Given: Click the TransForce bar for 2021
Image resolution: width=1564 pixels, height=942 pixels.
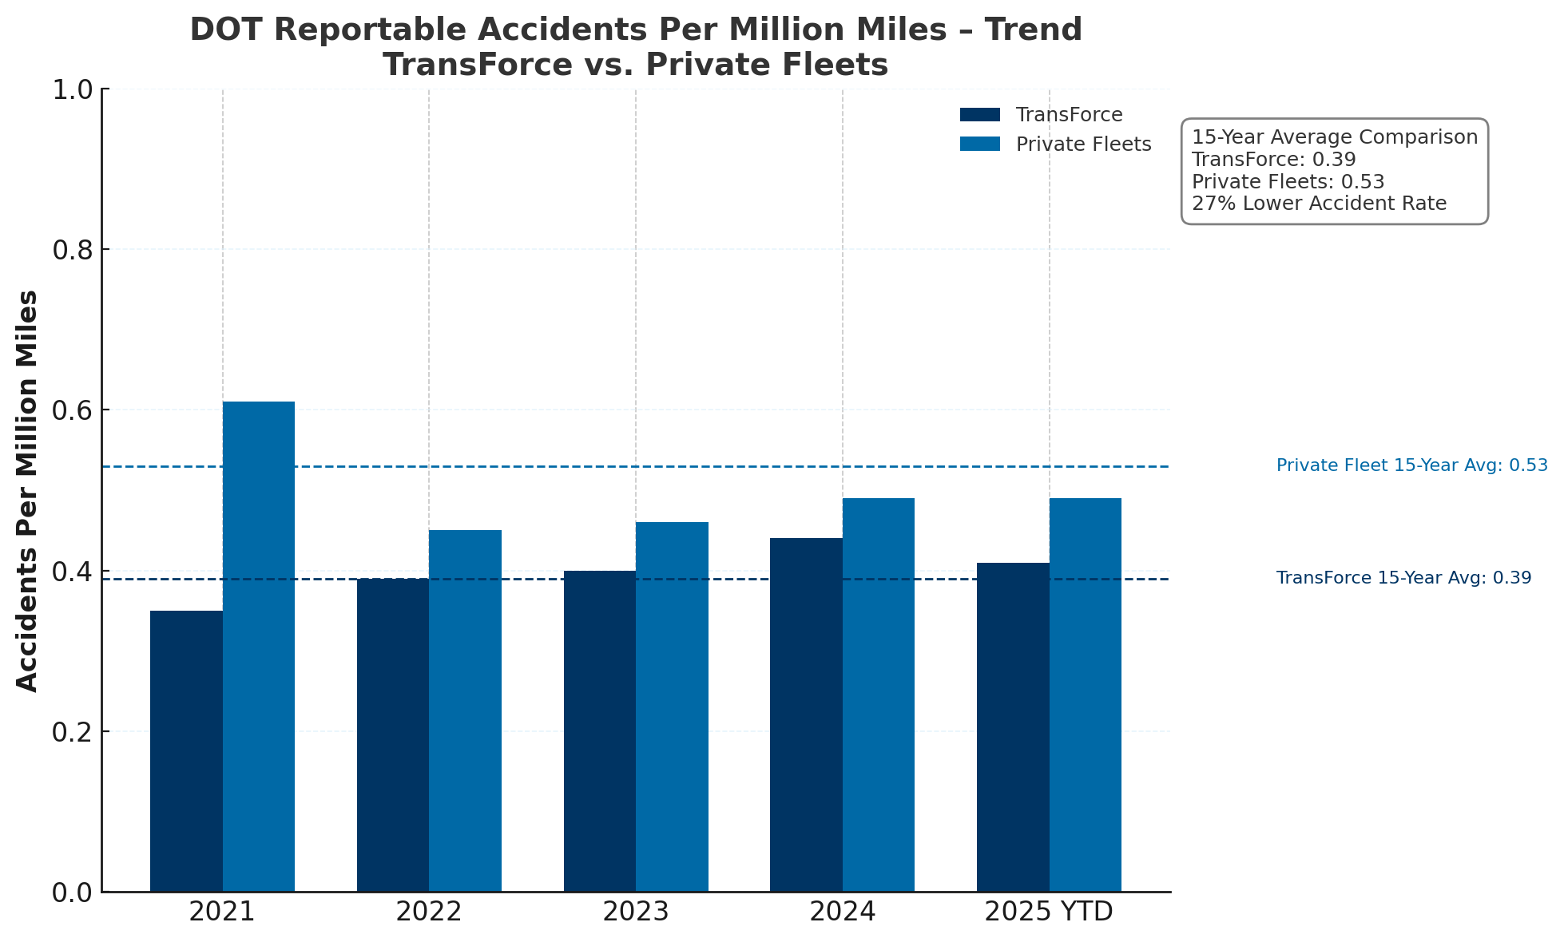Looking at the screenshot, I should [x=186, y=750].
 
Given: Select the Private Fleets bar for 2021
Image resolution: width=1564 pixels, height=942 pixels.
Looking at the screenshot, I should [x=259, y=647].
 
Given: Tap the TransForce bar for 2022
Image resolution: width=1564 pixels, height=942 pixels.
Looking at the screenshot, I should [x=393, y=734].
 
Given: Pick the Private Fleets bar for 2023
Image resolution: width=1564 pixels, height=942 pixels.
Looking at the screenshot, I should [x=672, y=706].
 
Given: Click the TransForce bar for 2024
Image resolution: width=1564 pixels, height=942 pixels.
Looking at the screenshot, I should [x=806, y=714].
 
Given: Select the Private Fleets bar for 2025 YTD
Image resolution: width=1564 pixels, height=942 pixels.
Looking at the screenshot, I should [x=1085, y=695].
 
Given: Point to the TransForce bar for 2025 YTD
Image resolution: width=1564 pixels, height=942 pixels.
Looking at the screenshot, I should [x=1013, y=726].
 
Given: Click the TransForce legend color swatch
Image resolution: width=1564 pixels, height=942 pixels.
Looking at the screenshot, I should [x=979, y=115].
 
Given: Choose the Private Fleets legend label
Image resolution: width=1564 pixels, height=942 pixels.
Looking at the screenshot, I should [x=1083, y=144].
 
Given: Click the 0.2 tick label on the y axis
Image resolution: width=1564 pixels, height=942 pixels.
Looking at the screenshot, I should [x=72, y=731].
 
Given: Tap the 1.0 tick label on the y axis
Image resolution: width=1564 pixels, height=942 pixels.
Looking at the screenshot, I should [x=72, y=89].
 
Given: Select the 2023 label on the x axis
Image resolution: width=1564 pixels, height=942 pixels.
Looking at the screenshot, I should [x=635, y=912].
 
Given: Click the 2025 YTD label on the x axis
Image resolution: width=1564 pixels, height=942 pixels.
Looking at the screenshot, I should [x=1048, y=912].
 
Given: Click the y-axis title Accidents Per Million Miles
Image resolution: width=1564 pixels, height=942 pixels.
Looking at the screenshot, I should [x=28, y=490].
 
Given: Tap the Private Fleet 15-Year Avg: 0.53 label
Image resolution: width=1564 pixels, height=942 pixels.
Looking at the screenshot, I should [x=1411, y=465].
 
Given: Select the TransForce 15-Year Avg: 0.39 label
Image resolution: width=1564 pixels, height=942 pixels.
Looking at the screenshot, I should [x=1403, y=578].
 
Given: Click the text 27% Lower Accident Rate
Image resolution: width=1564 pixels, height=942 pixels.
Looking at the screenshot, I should [x=1319, y=204].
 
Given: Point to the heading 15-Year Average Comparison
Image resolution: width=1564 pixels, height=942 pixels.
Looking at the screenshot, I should [x=1334, y=137].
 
